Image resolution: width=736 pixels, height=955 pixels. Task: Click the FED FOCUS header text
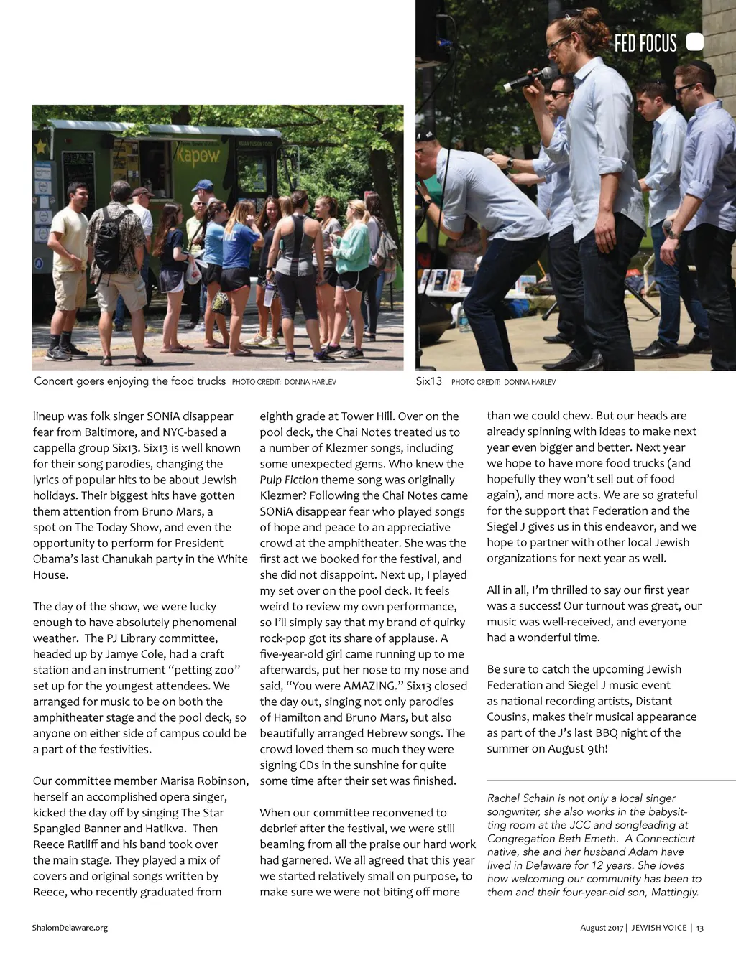[x=645, y=44]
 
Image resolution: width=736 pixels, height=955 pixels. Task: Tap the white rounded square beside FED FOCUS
[x=694, y=42]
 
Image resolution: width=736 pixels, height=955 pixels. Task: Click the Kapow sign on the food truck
[x=199, y=154]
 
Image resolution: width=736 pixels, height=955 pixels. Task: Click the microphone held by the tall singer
[x=529, y=79]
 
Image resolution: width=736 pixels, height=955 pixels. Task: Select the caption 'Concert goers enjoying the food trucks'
[x=130, y=381]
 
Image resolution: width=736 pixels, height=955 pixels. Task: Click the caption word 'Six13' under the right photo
[x=428, y=381]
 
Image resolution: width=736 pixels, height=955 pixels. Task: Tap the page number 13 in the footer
[x=699, y=928]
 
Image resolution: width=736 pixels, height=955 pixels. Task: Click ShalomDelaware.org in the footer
[x=70, y=928]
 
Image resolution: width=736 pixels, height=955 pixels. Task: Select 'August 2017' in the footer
[x=602, y=928]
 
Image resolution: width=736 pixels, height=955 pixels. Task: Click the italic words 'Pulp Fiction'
[x=288, y=480]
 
